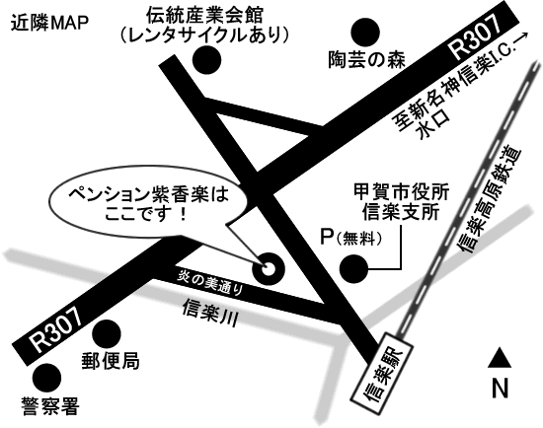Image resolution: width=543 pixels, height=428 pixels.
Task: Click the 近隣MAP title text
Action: [49, 24]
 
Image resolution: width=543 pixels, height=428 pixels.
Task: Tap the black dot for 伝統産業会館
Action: [206, 60]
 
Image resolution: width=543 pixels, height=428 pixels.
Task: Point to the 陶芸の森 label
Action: [366, 59]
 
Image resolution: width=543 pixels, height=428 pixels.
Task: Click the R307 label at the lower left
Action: [55, 329]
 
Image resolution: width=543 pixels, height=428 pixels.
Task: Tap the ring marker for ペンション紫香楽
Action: [269, 268]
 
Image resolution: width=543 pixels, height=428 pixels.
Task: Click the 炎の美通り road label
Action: [210, 283]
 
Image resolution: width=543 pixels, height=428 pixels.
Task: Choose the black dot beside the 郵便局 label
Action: [107, 334]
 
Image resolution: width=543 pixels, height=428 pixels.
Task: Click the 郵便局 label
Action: [111, 362]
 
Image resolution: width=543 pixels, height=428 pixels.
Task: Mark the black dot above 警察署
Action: [46, 378]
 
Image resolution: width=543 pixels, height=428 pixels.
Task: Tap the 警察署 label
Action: [50, 406]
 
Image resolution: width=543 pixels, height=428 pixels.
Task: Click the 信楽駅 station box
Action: [381, 373]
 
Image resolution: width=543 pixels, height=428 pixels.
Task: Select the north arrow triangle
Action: [500, 357]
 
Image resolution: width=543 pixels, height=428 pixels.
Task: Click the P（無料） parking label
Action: [350, 238]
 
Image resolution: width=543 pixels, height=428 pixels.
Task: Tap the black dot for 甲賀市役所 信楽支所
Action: [353, 269]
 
